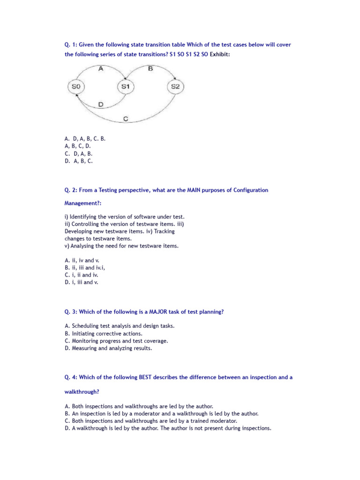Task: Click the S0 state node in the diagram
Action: (76, 87)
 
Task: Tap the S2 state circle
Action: (175, 87)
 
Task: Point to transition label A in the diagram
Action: (101, 68)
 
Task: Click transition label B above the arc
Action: (150, 68)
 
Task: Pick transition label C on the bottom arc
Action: (126, 119)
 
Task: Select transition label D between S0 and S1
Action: (101, 104)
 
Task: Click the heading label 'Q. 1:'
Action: (71, 45)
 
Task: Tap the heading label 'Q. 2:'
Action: (71, 190)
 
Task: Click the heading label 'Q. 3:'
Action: (71, 312)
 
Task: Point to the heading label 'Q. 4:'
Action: (71, 377)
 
